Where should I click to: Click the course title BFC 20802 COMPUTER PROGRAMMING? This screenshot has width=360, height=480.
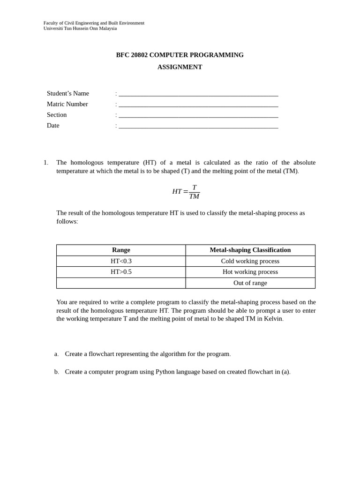(x=180, y=55)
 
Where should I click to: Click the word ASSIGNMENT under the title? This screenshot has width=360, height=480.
(x=180, y=67)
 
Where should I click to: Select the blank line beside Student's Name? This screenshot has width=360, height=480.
(x=198, y=94)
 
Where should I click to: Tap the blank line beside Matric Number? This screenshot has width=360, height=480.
(x=198, y=105)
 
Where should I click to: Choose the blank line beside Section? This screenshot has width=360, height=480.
(x=198, y=116)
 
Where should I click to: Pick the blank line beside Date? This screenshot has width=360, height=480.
(x=198, y=127)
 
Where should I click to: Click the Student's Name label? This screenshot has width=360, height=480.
(x=68, y=93)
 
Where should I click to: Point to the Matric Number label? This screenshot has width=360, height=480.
(x=67, y=104)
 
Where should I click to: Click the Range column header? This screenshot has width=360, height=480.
(x=121, y=250)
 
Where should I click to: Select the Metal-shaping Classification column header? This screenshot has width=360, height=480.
(x=250, y=250)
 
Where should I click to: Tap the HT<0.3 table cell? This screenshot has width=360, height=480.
(x=121, y=261)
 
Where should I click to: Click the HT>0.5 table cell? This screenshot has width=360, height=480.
(x=121, y=272)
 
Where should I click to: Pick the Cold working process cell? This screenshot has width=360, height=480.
(x=250, y=261)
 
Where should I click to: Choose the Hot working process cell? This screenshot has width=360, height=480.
(x=250, y=272)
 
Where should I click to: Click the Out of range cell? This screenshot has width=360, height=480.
(x=250, y=283)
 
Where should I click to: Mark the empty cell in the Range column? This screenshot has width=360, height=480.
(x=121, y=283)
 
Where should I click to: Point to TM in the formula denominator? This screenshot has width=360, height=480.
(x=194, y=196)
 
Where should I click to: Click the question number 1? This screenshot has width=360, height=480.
(x=45, y=163)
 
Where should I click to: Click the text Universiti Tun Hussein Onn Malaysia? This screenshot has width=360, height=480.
(x=80, y=28)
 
